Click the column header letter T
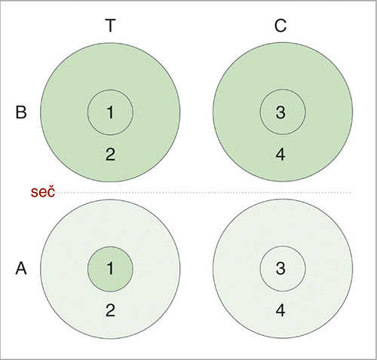click(110, 26)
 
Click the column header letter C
click(280, 26)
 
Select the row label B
click(21, 112)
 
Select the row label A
click(21, 268)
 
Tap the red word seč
click(43, 192)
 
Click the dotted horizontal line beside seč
click(203, 193)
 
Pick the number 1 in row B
click(110, 112)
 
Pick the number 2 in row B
click(110, 154)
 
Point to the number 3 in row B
click(280, 112)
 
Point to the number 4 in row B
click(280, 154)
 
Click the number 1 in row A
click(110, 268)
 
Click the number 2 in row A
click(110, 310)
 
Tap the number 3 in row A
click(280, 268)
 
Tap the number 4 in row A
click(280, 310)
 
